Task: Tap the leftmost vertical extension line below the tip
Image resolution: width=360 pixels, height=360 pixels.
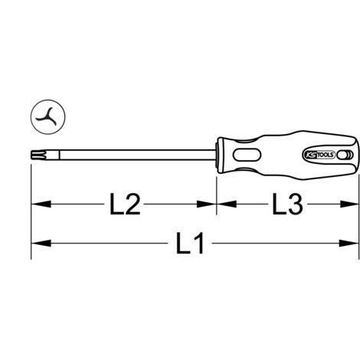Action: pyautogui.click(x=31, y=230)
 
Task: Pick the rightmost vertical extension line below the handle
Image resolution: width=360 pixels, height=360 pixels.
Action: pyautogui.click(x=358, y=230)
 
